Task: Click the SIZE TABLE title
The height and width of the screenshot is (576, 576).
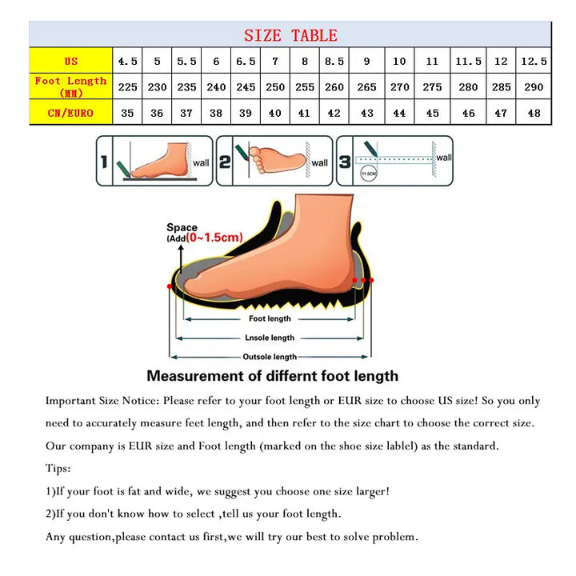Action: [290, 35]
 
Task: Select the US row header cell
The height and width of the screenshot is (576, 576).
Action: [71, 61]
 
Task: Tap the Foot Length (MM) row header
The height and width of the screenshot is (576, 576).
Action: [71, 86]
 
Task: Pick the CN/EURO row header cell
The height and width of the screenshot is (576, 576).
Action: [71, 113]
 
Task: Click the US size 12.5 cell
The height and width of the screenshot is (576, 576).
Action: [534, 61]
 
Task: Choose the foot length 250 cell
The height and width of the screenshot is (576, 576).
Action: [275, 86]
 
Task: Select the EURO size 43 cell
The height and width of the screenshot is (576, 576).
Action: [367, 113]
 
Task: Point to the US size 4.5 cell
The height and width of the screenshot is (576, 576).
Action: [127, 61]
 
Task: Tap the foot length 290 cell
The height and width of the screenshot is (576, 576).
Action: [534, 86]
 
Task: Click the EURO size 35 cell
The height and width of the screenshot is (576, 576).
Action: [127, 113]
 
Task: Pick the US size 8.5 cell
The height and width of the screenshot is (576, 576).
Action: [334, 61]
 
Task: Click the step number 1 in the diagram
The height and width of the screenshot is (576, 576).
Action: [104, 162]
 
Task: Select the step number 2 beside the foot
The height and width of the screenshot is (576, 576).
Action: [225, 162]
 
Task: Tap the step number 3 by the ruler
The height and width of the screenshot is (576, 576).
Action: [345, 162]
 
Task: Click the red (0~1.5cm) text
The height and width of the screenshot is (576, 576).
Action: [214, 237]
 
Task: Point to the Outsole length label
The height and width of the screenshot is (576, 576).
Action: [270, 357]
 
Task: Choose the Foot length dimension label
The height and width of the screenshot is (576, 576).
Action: [270, 318]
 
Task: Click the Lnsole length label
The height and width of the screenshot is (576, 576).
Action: [270, 338]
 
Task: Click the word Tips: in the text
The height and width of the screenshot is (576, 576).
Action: [58, 469]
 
